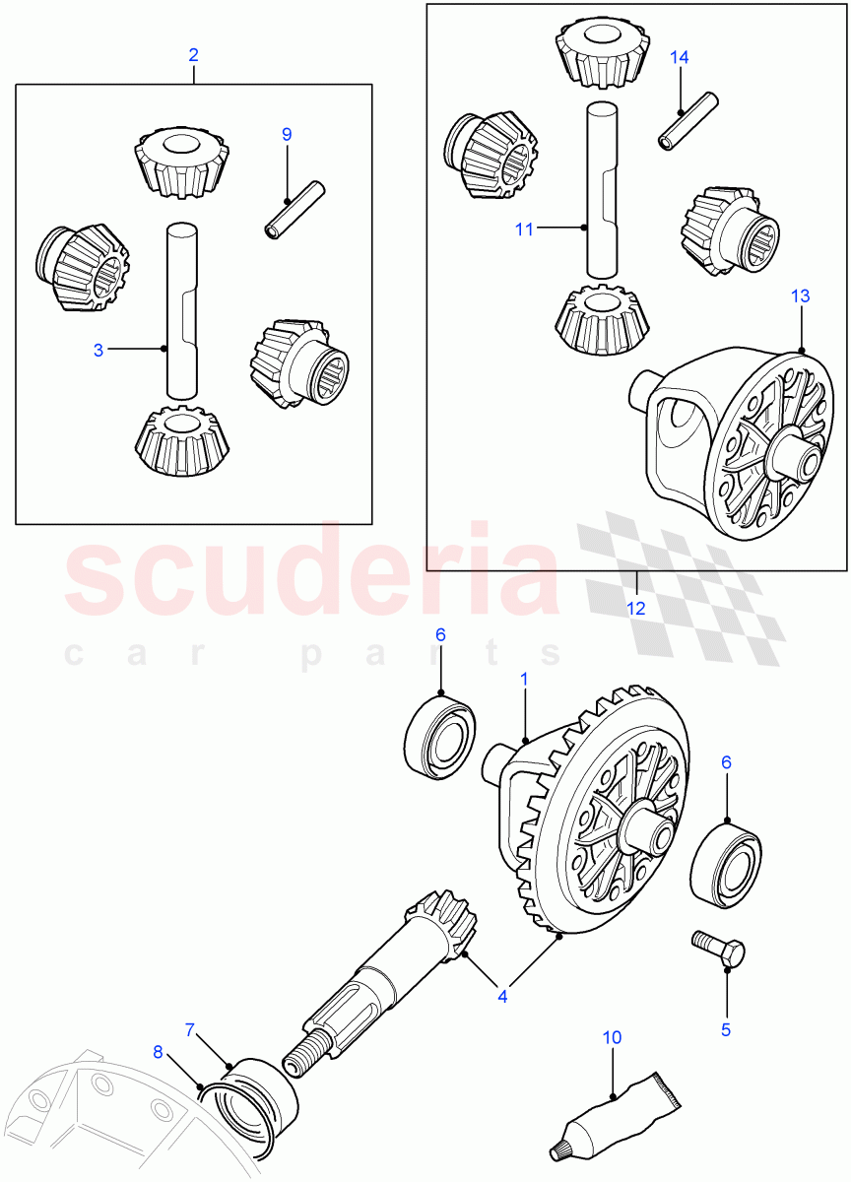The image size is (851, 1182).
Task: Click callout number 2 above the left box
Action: tap(193, 55)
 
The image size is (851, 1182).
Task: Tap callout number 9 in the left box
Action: tap(287, 134)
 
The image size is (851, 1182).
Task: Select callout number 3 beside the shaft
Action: tap(98, 350)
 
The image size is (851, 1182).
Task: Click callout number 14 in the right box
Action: tap(680, 57)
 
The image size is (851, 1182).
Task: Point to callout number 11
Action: tap(523, 230)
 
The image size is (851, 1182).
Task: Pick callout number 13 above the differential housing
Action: tap(799, 295)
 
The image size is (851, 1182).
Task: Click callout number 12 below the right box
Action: tap(636, 608)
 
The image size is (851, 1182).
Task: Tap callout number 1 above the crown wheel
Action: tap(524, 680)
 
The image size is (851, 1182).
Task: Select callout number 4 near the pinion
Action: tap(502, 996)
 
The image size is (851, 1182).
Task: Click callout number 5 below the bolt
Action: tap(726, 1029)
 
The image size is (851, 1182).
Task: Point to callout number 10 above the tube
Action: tap(612, 1037)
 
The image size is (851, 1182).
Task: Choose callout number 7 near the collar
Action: tap(192, 1030)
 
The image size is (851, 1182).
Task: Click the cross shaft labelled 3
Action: tap(181, 310)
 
